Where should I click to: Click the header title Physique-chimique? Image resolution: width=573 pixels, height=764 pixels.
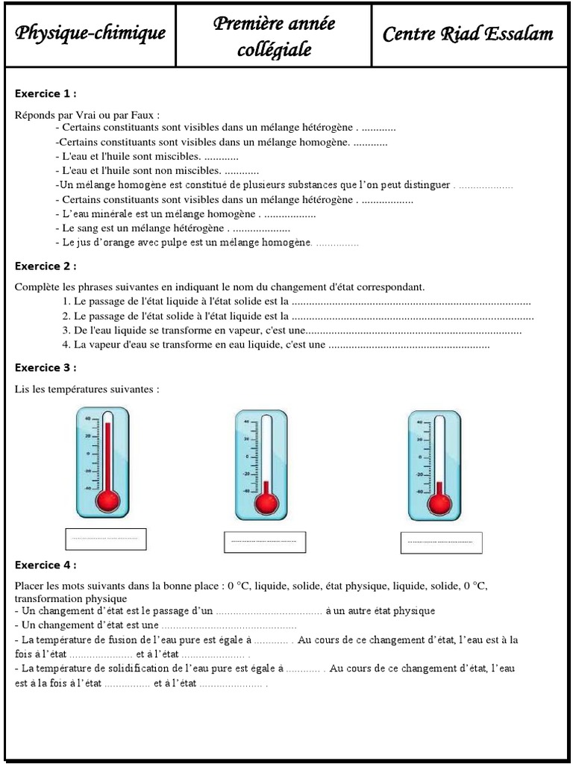click(90, 34)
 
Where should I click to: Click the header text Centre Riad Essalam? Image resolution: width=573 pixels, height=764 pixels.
click(468, 34)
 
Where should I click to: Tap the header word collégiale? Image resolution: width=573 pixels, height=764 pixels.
click(274, 50)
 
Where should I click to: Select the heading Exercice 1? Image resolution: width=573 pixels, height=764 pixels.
click(46, 94)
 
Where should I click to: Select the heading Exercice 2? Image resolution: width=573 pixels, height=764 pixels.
click(46, 266)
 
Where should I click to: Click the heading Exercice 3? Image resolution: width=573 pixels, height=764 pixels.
click(46, 368)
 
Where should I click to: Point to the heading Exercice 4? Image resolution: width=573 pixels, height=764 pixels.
click(46, 565)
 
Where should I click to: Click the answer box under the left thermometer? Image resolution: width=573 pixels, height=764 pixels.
click(106, 539)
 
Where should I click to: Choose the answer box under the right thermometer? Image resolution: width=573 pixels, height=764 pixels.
click(440, 542)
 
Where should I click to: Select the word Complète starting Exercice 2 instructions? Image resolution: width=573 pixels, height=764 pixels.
click(34, 286)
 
